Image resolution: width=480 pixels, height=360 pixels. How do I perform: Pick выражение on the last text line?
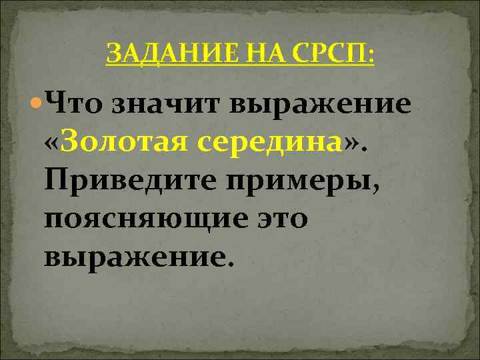click(x=133, y=255)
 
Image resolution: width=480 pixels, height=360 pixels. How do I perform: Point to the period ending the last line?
click(x=231, y=263)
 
